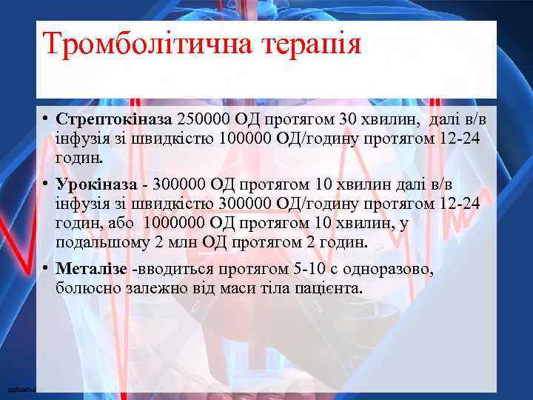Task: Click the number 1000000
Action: (178, 223)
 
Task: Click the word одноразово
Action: (392, 268)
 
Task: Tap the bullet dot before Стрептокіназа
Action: (46, 119)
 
